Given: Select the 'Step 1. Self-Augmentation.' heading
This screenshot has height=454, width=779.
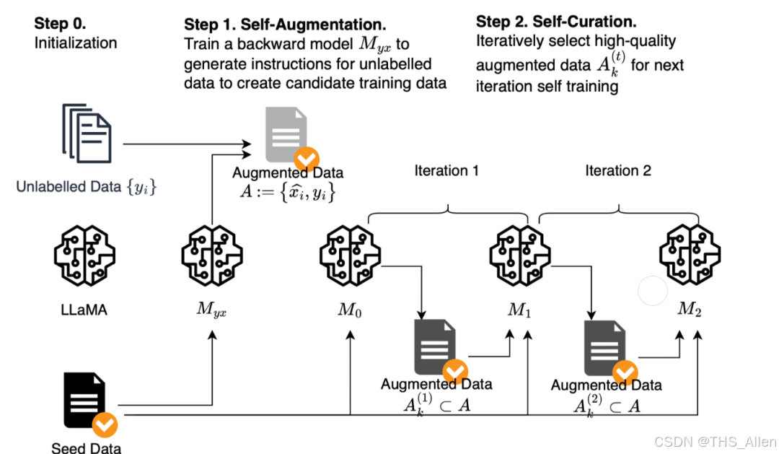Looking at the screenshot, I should coord(284,24).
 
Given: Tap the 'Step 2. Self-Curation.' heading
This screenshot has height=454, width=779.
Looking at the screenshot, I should coord(556,22).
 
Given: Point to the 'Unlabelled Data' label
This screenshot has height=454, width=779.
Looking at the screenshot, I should coord(87,188).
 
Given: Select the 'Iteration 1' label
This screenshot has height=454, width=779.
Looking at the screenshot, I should coord(446,171).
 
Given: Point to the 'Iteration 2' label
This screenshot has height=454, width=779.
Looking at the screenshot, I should coord(617,171).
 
